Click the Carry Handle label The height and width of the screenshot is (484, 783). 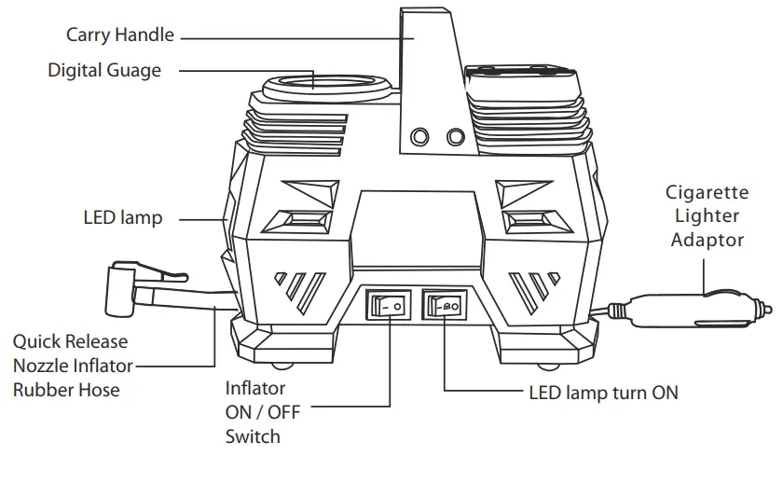(119, 35)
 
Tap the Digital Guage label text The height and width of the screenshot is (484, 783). (104, 70)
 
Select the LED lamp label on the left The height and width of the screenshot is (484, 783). (122, 218)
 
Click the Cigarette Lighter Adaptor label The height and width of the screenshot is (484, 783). (707, 216)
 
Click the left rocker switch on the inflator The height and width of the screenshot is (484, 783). (387, 304)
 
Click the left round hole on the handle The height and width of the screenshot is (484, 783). (420, 137)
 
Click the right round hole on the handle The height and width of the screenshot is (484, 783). (455, 137)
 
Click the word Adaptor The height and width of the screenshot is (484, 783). (707, 240)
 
